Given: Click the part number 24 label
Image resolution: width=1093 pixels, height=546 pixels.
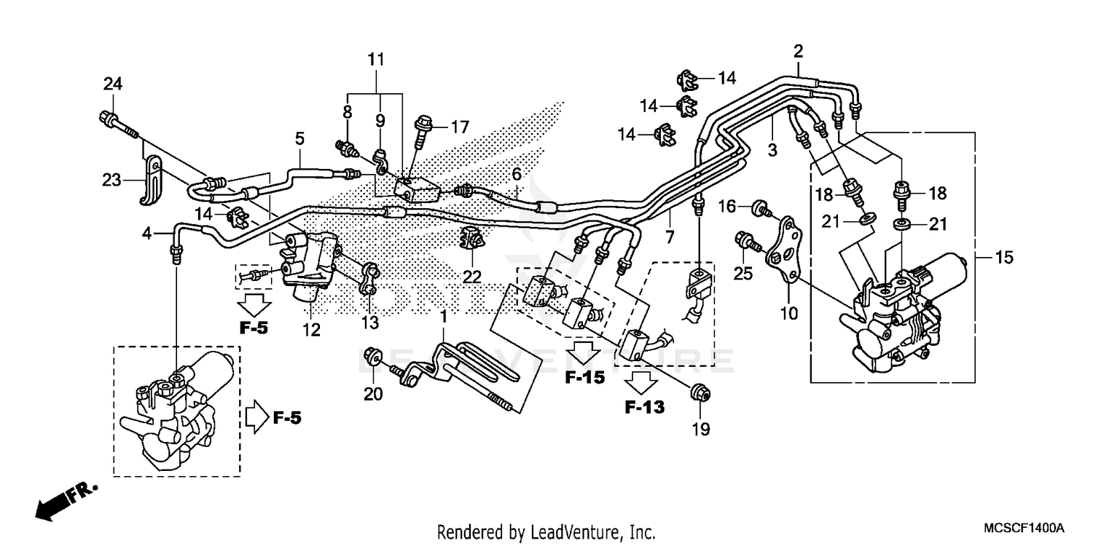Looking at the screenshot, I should tap(112, 84).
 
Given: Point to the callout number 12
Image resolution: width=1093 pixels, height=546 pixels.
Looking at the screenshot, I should tap(312, 331).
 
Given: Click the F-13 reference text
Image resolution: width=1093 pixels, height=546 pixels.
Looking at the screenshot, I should tap(644, 408).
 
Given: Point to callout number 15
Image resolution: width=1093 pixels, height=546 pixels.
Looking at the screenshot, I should tap(1003, 257).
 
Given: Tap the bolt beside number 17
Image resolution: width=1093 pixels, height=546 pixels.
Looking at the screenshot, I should tap(423, 129).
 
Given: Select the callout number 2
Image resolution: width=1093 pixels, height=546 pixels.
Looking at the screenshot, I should tap(798, 51).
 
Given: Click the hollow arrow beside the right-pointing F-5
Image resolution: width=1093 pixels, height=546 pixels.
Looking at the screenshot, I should tap(255, 418).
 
